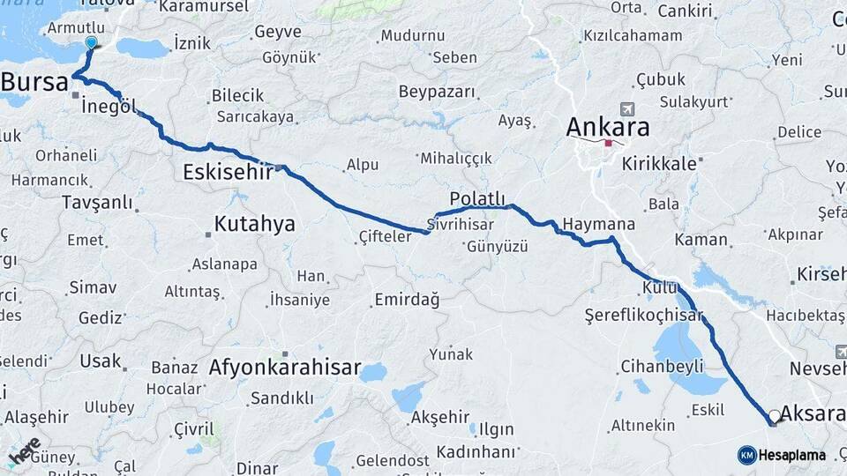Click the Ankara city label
[608, 126]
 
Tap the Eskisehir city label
[227, 172]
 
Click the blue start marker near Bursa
[92, 42]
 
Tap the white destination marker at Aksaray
[775, 415]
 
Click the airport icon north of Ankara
[627, 109]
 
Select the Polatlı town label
[477, 197]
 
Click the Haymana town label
[599, 225]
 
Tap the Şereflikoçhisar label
[643, 315]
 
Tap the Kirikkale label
[659, 164]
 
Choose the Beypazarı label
[437, 92]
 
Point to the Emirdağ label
[407, 300]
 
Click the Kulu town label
[659, 287]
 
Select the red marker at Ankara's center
[609, 143]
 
